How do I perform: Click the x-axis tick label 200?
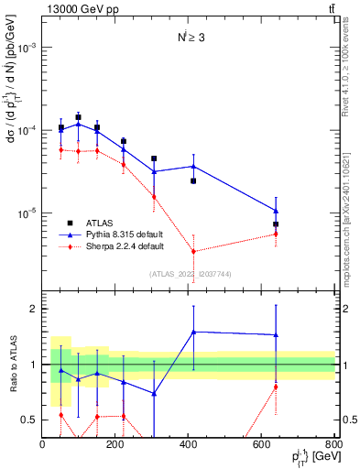coord(115,445)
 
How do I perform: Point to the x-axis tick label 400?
coord(189,445)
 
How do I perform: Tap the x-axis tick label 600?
coord(262,445)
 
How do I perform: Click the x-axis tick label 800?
coord(333,445)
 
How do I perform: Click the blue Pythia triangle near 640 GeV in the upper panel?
coord(276,211)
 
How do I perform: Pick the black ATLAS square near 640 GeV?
coord(276,224)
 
